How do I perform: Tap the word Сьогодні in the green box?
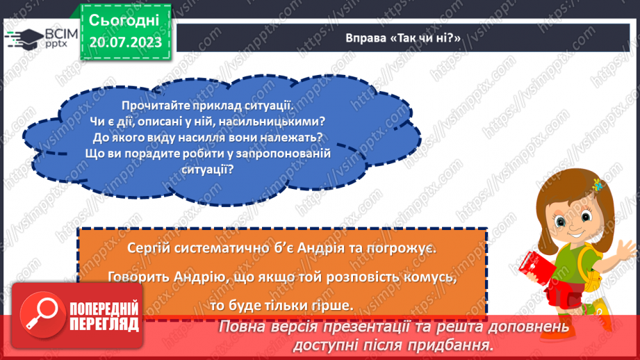pos(124,19)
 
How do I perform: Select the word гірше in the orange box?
pos(334,305)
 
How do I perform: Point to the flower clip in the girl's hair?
pos(596,185)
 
